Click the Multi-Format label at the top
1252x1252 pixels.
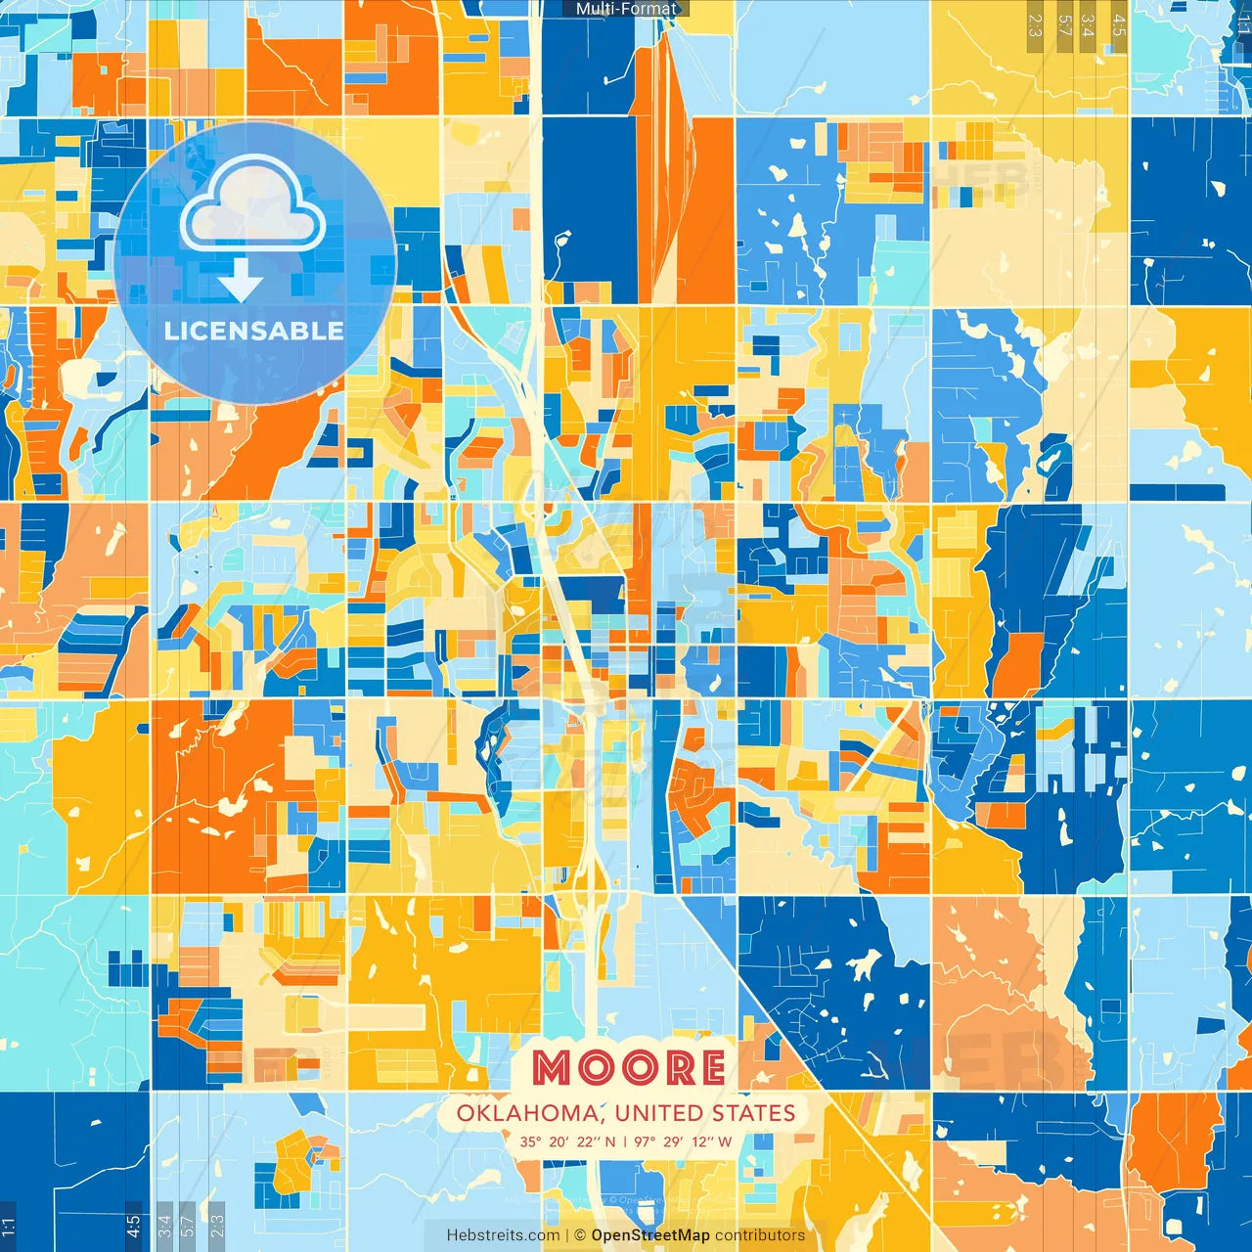pos(626,9)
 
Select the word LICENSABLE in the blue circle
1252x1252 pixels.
pos(253,331)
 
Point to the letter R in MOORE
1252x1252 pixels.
pos(673,1068)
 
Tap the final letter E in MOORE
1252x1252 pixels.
pos(711,1068)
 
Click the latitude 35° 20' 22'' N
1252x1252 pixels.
pos(567,1141)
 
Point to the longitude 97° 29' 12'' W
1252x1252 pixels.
pos(683,1141)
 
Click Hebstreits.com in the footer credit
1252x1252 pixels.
pos(503,1235)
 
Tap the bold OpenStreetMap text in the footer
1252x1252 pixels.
pos(650,1235)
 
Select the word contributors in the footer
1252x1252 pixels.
pos(760,1235)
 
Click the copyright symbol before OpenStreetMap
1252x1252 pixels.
pos(580,1235)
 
